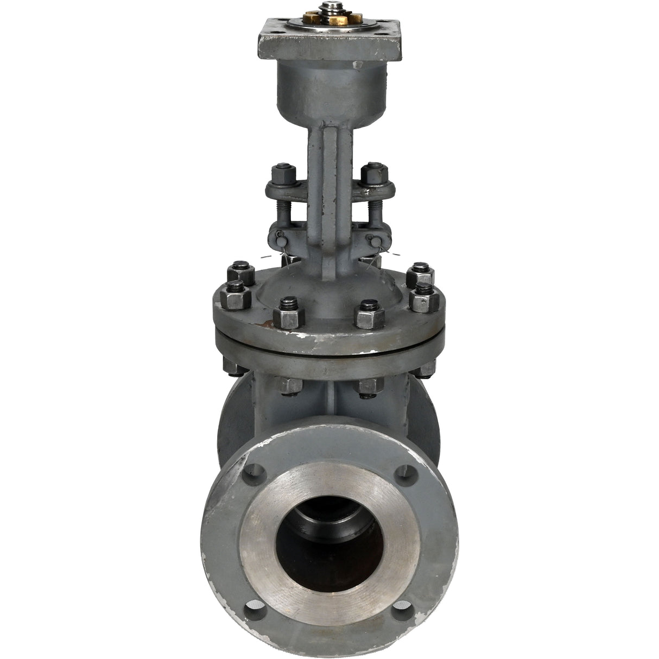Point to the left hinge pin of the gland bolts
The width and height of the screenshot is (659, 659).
pos(281,238)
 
